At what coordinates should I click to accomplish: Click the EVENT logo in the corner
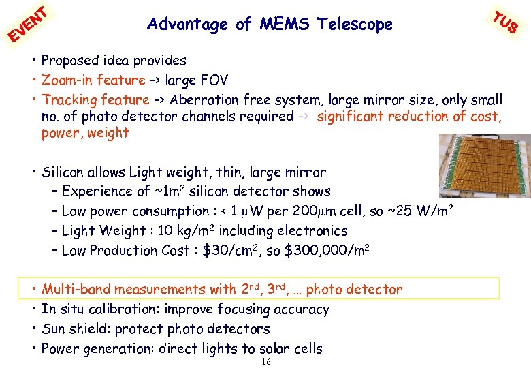coord(27,23)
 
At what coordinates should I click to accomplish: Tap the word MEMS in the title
coord(281,25)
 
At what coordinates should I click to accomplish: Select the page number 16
coord(266,361)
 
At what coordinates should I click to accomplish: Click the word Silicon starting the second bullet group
coord(63,172)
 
